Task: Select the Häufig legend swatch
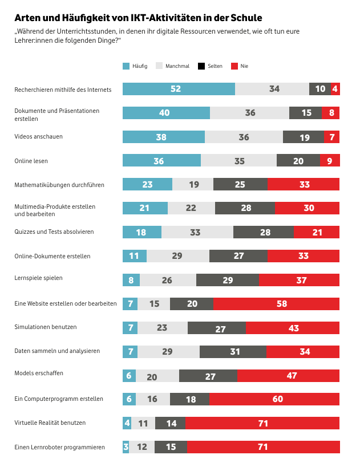coord(127,66)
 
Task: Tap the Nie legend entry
coord(240,66)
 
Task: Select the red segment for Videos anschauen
coord(331,137)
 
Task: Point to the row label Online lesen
coord(31,161)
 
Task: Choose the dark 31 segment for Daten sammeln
coord(234,352)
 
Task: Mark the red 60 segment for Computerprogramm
coord(277,399)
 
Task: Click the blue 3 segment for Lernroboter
coord(126,447)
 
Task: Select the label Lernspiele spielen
coord(38,278)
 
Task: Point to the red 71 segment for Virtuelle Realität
coord(262,423)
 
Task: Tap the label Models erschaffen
coord(39,373)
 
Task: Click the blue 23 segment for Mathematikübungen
coord(147,184)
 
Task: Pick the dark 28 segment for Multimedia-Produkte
coord(245,208)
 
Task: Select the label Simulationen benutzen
coord(46,327)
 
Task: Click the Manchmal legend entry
coord(173,66)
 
